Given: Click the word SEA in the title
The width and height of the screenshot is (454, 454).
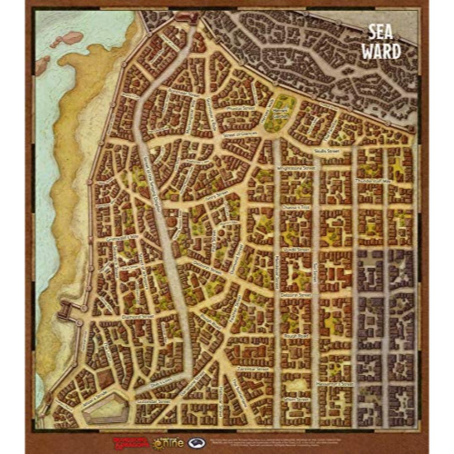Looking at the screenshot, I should (x=384, y=33).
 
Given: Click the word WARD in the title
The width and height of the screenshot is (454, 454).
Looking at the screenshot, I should (x=384, y=51).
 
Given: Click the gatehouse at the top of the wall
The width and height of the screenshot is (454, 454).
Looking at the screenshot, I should (x=187, y=18).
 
